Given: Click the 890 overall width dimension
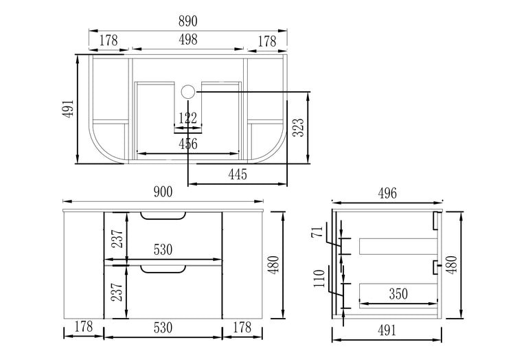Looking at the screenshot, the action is tap(188, 21).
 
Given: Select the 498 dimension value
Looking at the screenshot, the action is tap(188, 39).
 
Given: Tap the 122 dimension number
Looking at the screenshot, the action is tap(188, 118).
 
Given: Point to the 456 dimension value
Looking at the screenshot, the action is tap(188, 144).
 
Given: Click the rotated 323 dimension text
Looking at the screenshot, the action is tap(299, 127).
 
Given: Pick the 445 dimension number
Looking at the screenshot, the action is tap(238, 174).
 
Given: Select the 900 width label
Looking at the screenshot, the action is tap(163, 192).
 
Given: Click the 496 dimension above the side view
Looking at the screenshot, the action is tap(387, 194).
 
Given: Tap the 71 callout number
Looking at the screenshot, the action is tap(317, 233).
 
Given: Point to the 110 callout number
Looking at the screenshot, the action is tap(319, 279).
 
